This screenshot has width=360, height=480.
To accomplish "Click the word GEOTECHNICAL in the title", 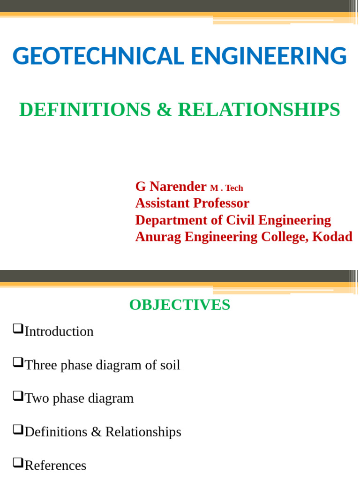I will [97, 56].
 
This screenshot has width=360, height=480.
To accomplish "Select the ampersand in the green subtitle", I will [164, 110].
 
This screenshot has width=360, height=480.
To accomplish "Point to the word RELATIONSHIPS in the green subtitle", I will [259, 110].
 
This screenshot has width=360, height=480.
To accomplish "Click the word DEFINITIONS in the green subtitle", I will [85, 110].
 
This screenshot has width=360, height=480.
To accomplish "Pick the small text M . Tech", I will [226, 188].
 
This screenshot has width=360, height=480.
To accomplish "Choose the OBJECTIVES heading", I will [180, 305].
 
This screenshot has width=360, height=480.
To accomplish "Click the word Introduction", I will [59, 332].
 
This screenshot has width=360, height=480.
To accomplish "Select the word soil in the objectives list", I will [170, 365].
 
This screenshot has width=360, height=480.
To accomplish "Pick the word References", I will [55, 465].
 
